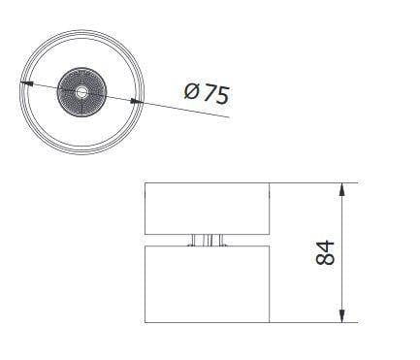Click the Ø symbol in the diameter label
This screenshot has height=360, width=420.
pos(192,91)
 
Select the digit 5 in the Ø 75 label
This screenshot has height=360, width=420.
pos(223,95)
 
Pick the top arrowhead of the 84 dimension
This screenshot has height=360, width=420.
pos(341,189)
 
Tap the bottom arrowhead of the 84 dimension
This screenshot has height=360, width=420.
pos(341,316)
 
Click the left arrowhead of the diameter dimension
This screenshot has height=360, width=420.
pos(26,83)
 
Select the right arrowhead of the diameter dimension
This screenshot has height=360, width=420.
pos(137,102)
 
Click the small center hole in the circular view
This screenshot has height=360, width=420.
pos(81,92)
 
